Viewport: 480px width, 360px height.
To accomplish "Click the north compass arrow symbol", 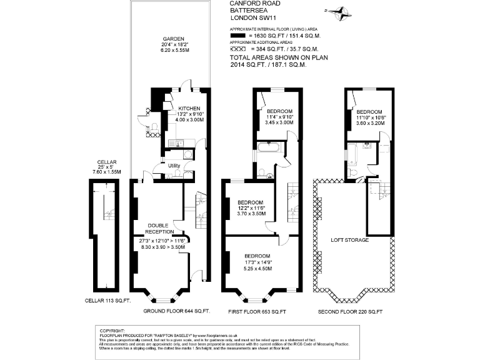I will (x=341, y=11).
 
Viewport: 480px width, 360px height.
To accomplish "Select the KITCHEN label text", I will (x=188, y=107).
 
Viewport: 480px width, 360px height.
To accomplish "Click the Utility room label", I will (x=174, y=165).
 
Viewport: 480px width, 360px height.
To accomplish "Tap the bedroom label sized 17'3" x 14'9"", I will (x=257, y=256).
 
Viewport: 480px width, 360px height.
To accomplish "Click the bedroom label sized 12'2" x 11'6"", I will (x=252, y=203).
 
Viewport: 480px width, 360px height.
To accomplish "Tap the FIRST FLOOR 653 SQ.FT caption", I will (x=257, y=311).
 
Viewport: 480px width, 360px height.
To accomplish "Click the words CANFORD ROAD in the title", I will (x=252, y=4).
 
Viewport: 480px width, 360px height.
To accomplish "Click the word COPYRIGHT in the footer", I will (x=112, y=329).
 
